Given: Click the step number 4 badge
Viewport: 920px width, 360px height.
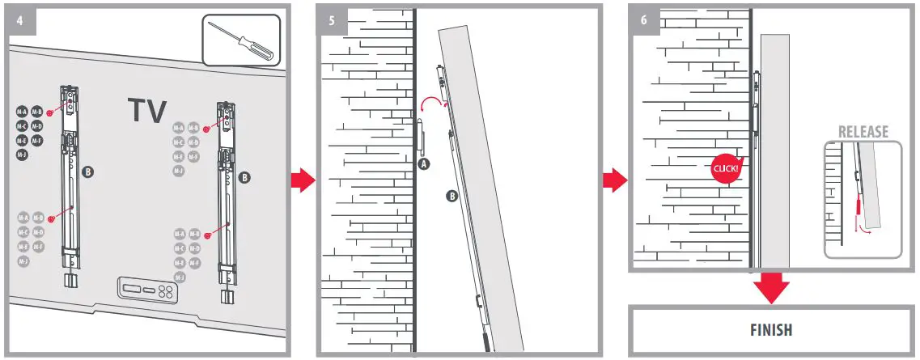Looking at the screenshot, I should coord(19,19).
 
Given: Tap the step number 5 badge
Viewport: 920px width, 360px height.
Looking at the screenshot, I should coord(332,19).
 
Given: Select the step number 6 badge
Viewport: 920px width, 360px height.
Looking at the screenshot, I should coord(644,19).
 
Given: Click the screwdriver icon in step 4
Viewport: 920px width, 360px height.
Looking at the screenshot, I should coord(241,40).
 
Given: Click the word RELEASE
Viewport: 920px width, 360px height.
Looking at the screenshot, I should coord(863,132).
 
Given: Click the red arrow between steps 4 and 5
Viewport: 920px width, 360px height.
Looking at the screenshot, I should coord(302,180).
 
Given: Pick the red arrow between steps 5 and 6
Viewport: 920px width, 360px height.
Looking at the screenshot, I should coord(615,180).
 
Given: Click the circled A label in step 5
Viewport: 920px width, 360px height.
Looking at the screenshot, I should coord(423,162).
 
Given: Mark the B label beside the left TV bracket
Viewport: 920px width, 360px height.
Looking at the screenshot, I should coord(87,172).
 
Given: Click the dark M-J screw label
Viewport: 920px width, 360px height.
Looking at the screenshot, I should coord(22,155).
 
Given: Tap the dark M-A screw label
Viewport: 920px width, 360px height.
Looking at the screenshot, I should coord(22,112).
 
